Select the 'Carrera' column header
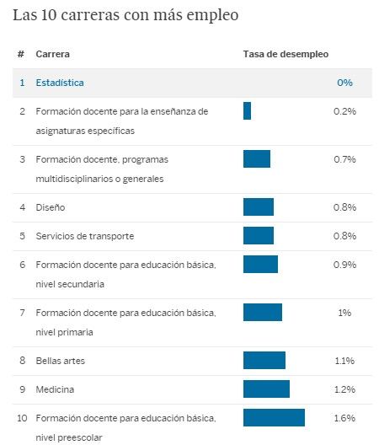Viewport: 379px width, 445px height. click(x=52, y=54)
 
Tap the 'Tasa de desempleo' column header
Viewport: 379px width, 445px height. click(x=286, y=54)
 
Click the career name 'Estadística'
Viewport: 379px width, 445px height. click(x=60, y=83)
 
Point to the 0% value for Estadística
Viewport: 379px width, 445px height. click(x=344, y=83)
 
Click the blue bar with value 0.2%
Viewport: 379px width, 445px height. click(x=247, y=110)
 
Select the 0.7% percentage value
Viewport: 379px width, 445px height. click(x=344, y=158)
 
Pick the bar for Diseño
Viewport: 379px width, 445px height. click(x=258, y=206)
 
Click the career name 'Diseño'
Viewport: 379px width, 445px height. click(x=50, y=206)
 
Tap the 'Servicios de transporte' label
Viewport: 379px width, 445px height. click(x=84, y=235)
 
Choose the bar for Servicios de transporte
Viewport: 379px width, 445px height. click(x=258, y=235)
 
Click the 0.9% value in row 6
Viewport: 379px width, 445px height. click(x=344, y=265)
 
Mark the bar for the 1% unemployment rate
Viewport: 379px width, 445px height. click(x=262, y=312)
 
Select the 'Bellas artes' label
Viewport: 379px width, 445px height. click(x=61, y=361)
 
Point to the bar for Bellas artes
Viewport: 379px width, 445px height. click(x=264, y=361)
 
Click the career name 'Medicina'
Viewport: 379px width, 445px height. click(x=55, y=389)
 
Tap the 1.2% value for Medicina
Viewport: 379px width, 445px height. click(x=344, y=389)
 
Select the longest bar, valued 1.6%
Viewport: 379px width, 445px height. click(x=274, y=417)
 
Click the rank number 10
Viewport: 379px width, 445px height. click(x=22, y=418)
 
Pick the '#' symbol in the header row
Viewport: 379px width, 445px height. click(x=21, y=54)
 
